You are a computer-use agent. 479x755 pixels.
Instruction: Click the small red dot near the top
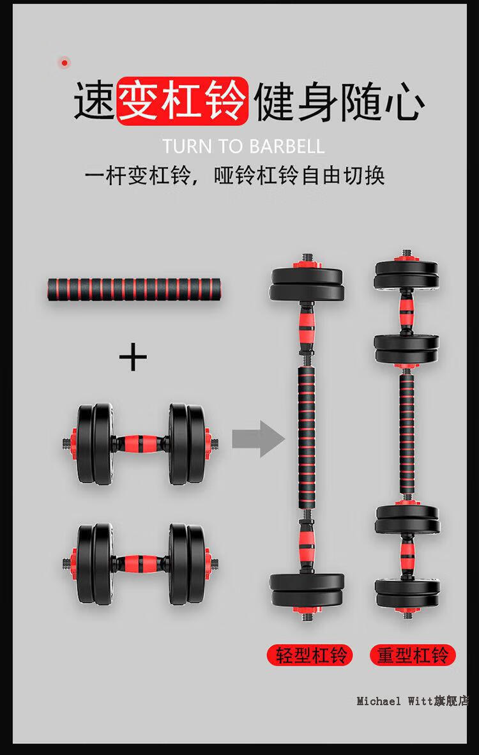pyautogui.click(x=64, y=63)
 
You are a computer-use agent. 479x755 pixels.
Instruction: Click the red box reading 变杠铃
pyautogui.click(x=183, y=101)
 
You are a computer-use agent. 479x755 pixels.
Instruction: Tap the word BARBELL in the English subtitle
pyautogui.click(x=287, y=146)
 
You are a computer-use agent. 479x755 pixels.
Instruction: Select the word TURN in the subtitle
pyautogui.click(x=186, y=146)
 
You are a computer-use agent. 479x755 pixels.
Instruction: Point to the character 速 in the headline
pyautogui.click(x=94, y=101)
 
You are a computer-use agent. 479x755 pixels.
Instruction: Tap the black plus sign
pyautogui.click(x=133, y=357)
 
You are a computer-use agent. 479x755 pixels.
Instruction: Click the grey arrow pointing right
pyautogui.click(x=258, y=439)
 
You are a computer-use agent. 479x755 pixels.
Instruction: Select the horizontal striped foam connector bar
pyautogui.click(x=134, y=289)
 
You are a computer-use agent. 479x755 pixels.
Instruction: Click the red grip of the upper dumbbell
pyautogui.click(x=140, y=443)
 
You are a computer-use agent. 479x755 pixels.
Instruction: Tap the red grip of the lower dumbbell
pyautogui.click(x=140, y=563)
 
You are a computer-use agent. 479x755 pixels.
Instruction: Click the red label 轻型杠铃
pyautogui.click(x=310, y=655)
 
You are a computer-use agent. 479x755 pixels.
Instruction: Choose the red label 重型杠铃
pyautogui.click(x=413, y=655)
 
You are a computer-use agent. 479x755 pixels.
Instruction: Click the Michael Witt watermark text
pyautogui.click(x=412, y=701)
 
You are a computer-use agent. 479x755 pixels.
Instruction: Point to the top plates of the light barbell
pyautogui.click(x=307, y=284)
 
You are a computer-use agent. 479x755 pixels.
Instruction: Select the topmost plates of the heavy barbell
pyautogui.click(x=407, y=275)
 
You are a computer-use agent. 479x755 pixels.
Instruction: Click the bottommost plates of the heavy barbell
pyautogui.click(x=407, y=594)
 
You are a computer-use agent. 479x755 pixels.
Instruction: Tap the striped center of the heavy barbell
pyautogui.click(x=407, y=435)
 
